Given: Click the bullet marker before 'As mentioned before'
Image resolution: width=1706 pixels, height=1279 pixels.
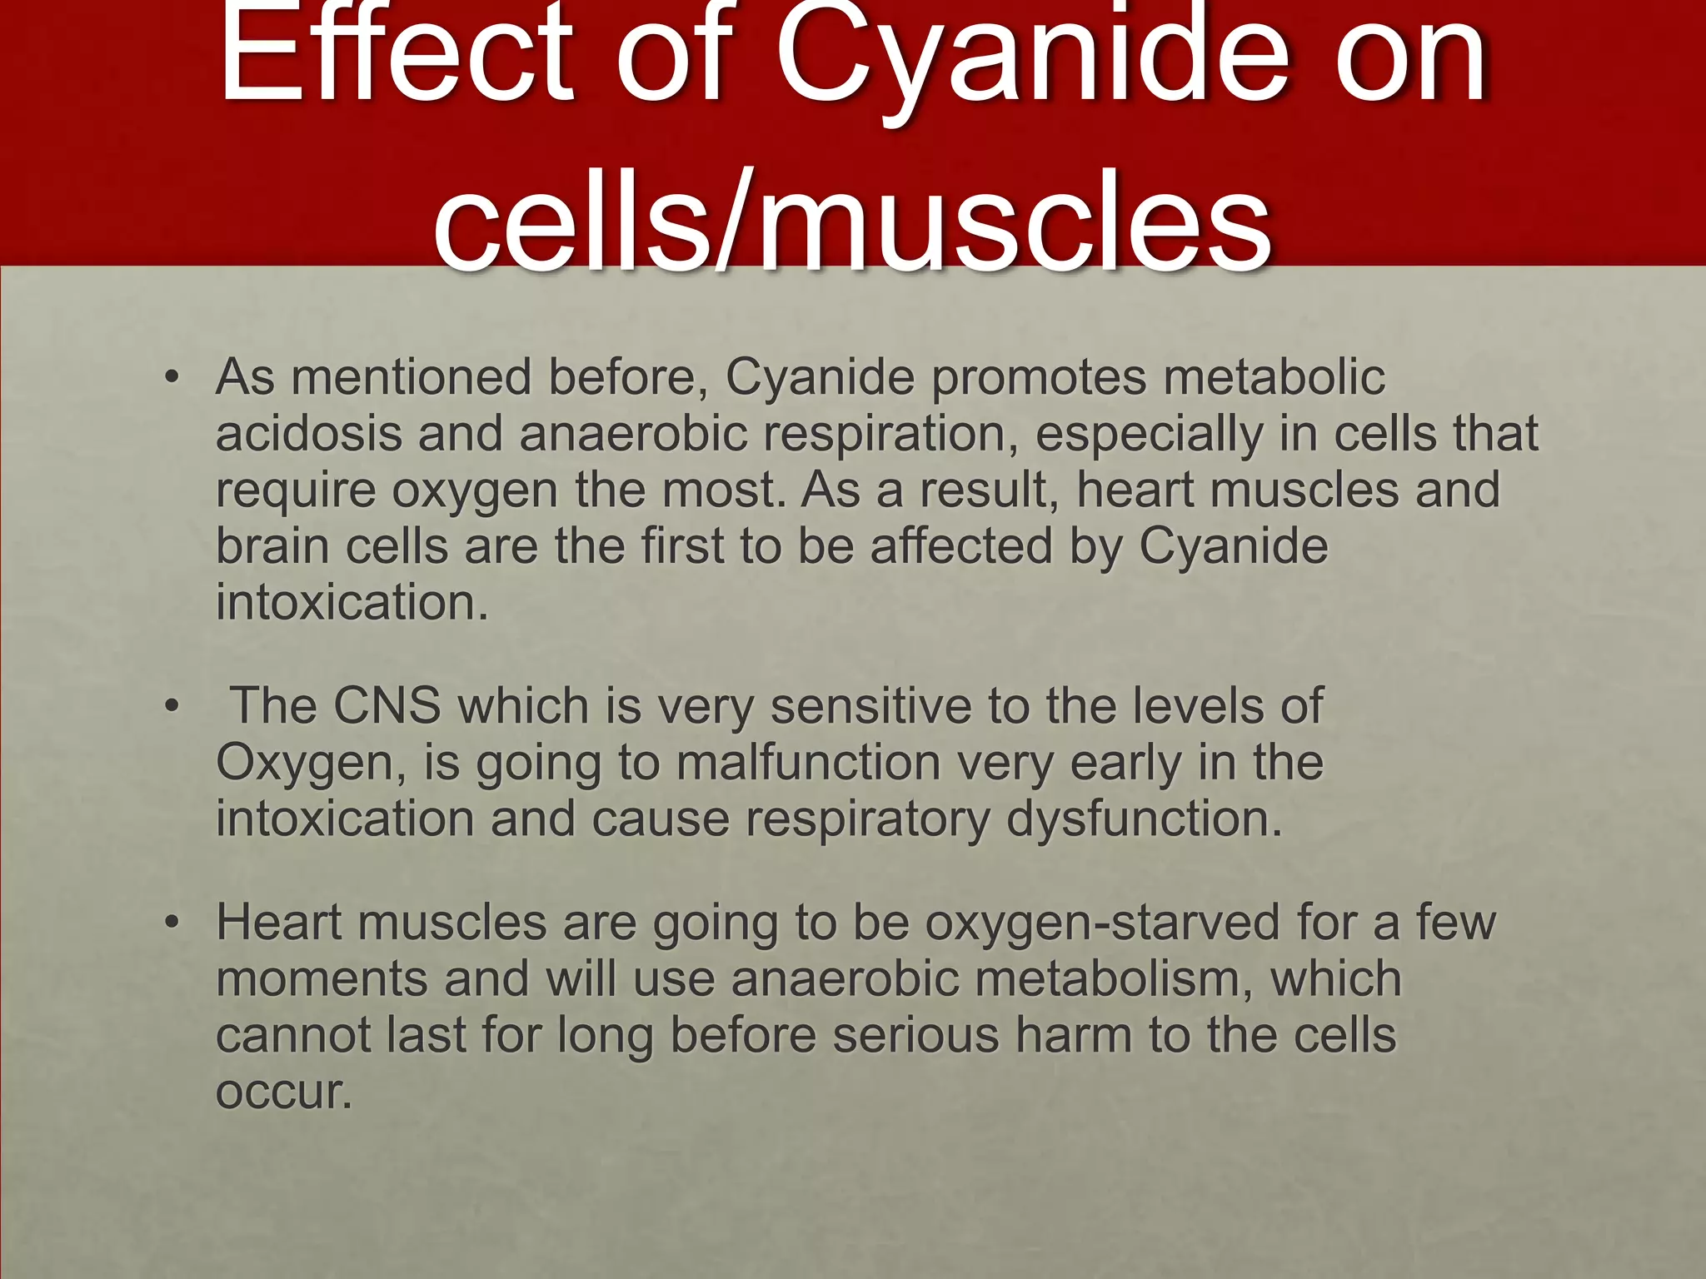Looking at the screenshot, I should pyautogui.click(x=172, y=378).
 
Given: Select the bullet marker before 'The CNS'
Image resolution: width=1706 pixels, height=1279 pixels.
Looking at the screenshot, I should pyautogui.click(x=172, y=707).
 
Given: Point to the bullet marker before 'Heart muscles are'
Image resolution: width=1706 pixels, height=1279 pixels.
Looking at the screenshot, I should pyautogui.click(x=172, y=923).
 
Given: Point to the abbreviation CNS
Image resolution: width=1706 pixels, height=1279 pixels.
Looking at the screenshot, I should pyautogui.click(x=387, y=706).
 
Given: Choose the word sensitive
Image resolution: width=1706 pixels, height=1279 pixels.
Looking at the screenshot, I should pyautogui.click(x=871, y=706).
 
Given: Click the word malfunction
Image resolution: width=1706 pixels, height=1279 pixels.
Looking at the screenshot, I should pyautogui.click(x=808, y=763).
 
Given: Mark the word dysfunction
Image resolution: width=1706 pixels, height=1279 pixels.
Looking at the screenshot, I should pyautogui.click(x=1144, y=819).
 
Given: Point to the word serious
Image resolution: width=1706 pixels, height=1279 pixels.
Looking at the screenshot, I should pyautogui.click(x=915, y=1036).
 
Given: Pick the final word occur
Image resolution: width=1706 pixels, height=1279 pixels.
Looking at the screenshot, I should pyautogui.click(x=282, y=1092).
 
